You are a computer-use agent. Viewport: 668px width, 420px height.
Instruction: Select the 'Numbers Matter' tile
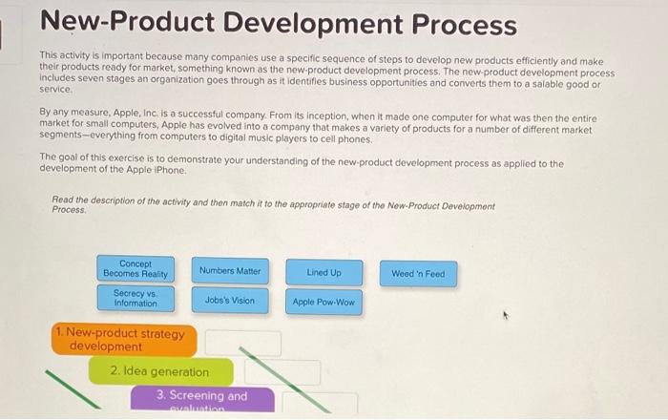[x=229, y=271]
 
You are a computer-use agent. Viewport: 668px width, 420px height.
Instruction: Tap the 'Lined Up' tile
[x=324, y=273]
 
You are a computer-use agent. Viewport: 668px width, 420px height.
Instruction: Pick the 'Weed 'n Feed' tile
[x=417, y=274]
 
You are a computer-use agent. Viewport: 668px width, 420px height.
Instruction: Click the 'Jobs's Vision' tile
[x=229, y=300]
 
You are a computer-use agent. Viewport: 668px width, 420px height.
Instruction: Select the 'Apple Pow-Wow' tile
[x=324, y=303]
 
